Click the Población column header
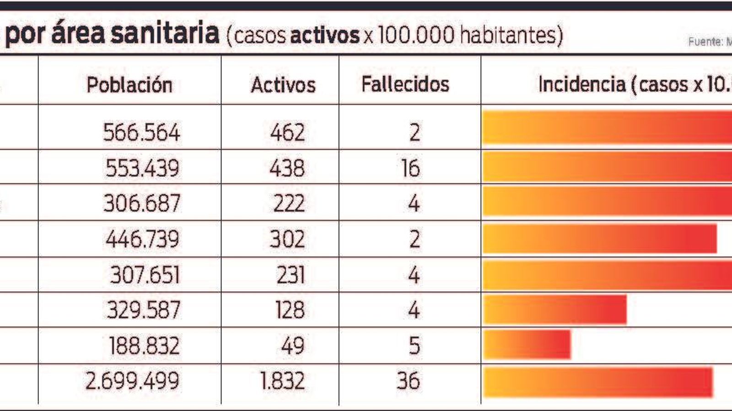point(129,85)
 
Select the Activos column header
point(283,85)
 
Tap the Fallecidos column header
point(405,84)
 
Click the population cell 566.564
point(141,132)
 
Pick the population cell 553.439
point(142,168)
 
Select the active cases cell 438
point(287,168)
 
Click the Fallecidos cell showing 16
point(410,168)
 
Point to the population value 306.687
point(142,203)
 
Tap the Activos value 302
point(287,239)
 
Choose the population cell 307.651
point(145,275)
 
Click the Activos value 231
point(290,275)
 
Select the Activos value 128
point(290,310)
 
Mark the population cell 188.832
point(144,346)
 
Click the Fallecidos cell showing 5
point(414,346)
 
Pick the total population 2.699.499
point(132,381)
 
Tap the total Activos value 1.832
point(282,381)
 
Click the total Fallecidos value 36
point(408,381)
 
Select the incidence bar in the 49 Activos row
point(527,345)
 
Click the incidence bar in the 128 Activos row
point(554,310)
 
